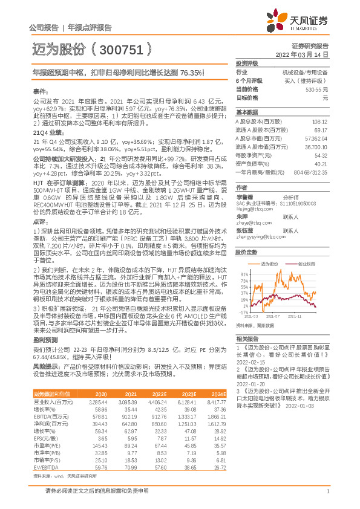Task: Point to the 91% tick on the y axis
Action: [244, 274]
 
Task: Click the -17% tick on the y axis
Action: [243, 313]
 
